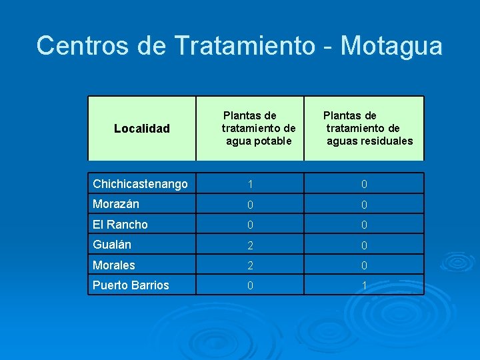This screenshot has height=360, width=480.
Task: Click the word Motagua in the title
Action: click(x=391, y=46)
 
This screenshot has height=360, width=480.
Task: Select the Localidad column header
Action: click(x=142, y=128)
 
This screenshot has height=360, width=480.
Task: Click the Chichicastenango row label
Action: click(x=141, y=184)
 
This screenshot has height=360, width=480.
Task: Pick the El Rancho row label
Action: click(x=121, y=225)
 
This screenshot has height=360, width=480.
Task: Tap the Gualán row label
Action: click(x=112, y=245)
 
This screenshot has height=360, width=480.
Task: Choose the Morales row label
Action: click(x=114, y=265)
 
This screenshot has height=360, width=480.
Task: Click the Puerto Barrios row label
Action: click(x=131, y=285)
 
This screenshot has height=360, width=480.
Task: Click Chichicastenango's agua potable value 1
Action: click(x=250, y=184)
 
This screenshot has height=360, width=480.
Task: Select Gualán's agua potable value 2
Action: click(x=250, y=245)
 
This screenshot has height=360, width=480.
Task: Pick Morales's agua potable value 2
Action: click(x=250, y=265)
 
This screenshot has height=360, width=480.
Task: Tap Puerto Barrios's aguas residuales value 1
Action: click(x=364, y=285)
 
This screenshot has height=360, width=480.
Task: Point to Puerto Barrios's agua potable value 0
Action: click(x=250, y=285)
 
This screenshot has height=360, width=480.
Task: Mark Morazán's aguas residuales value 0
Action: click(x=364, y=205)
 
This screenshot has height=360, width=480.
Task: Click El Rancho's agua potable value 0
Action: click(x=250, y=225)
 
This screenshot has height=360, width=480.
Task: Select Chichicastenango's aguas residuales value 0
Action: click(x=364, y=184)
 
